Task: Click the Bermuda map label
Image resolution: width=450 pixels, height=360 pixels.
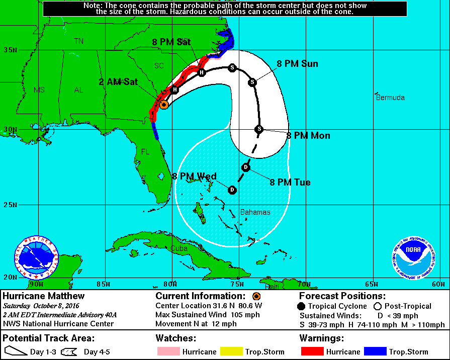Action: (390, 98)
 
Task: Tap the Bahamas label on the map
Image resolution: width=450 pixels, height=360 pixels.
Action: (255, 212)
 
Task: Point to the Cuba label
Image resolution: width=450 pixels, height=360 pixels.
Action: (178, 249)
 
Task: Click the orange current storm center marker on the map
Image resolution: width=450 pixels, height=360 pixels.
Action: (163, 105)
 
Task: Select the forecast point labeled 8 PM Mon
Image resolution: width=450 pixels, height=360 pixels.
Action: (259, 129)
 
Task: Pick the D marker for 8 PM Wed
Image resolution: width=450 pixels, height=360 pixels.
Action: (232, 190)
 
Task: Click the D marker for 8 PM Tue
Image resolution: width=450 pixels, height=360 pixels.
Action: (245, 167)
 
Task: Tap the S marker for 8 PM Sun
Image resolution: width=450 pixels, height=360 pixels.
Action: (253, 82)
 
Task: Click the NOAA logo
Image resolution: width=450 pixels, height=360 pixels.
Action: (413, 257)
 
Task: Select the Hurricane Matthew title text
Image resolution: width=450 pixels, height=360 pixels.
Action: (44, 296)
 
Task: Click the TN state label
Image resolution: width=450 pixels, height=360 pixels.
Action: (78, 41)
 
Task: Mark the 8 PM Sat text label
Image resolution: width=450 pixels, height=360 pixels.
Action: (171, 42)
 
